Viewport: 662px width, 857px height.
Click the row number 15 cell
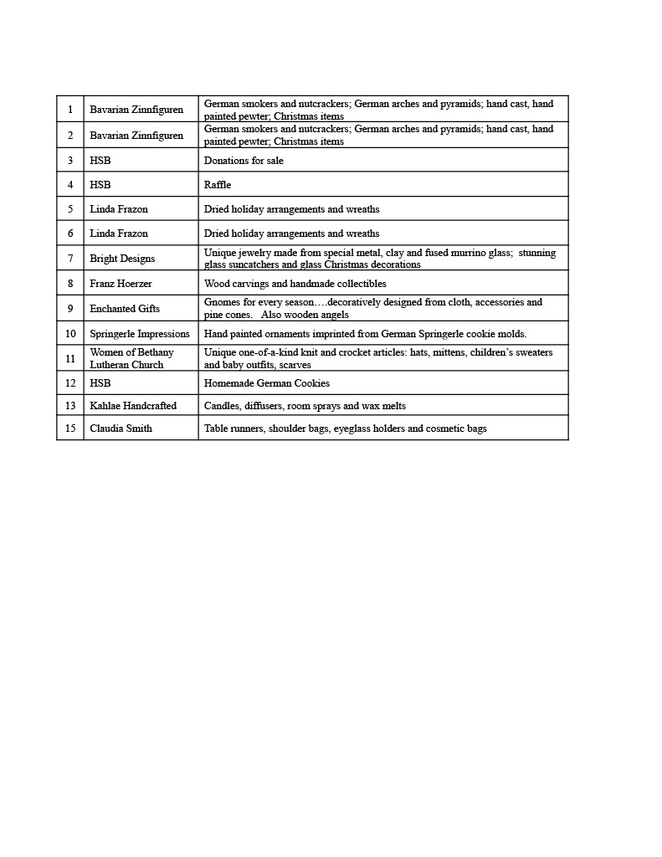pyautogui.click(x=70, y=428)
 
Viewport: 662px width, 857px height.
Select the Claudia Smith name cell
pyautogui.click(x=121, y=428)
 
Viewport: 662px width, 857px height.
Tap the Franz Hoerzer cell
pyautogui.click(x=121, y=284)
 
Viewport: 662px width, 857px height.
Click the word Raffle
pyautogui.click(x=218, y=185)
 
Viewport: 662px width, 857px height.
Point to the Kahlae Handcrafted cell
pyautogui.click(x=133, y=406)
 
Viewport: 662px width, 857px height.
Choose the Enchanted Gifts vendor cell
pyautogui.click(x=125, y=309)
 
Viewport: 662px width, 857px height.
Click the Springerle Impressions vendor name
pyautogui.click(x=140, y=334)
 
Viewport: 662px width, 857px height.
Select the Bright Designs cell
pyautogui.click(x=122, y=259)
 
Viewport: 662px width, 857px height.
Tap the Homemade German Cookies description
pyautogui.click(x=267, y=383)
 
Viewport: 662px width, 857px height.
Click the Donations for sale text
pyautogui.click(x=244, y=161)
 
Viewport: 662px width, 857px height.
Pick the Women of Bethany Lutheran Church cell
pyautogui.click(x=131, y=358)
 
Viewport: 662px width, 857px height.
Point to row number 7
pyautogui.click(x=70, y=259)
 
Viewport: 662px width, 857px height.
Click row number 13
pyautogui.click(x=70, y=406)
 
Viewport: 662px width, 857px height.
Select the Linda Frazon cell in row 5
pyautogui.click(x=119, y=209)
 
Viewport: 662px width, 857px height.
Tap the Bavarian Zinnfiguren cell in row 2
pyautogui.click(x=136, y=136)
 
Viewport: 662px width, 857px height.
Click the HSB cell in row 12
pyautogui.click(x=100, y=383)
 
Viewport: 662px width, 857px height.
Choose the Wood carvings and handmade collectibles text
pyautogui.click(x=295, y=284)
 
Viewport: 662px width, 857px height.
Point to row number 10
pyautogui.click(x=70, y=334)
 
